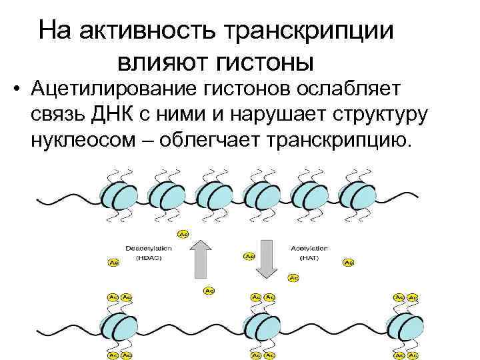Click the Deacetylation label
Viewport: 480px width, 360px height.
click(x=154, y=248)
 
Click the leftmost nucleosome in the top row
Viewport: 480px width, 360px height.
click(x=118, y=195)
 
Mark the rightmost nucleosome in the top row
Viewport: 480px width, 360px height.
click(x=358, y=195)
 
